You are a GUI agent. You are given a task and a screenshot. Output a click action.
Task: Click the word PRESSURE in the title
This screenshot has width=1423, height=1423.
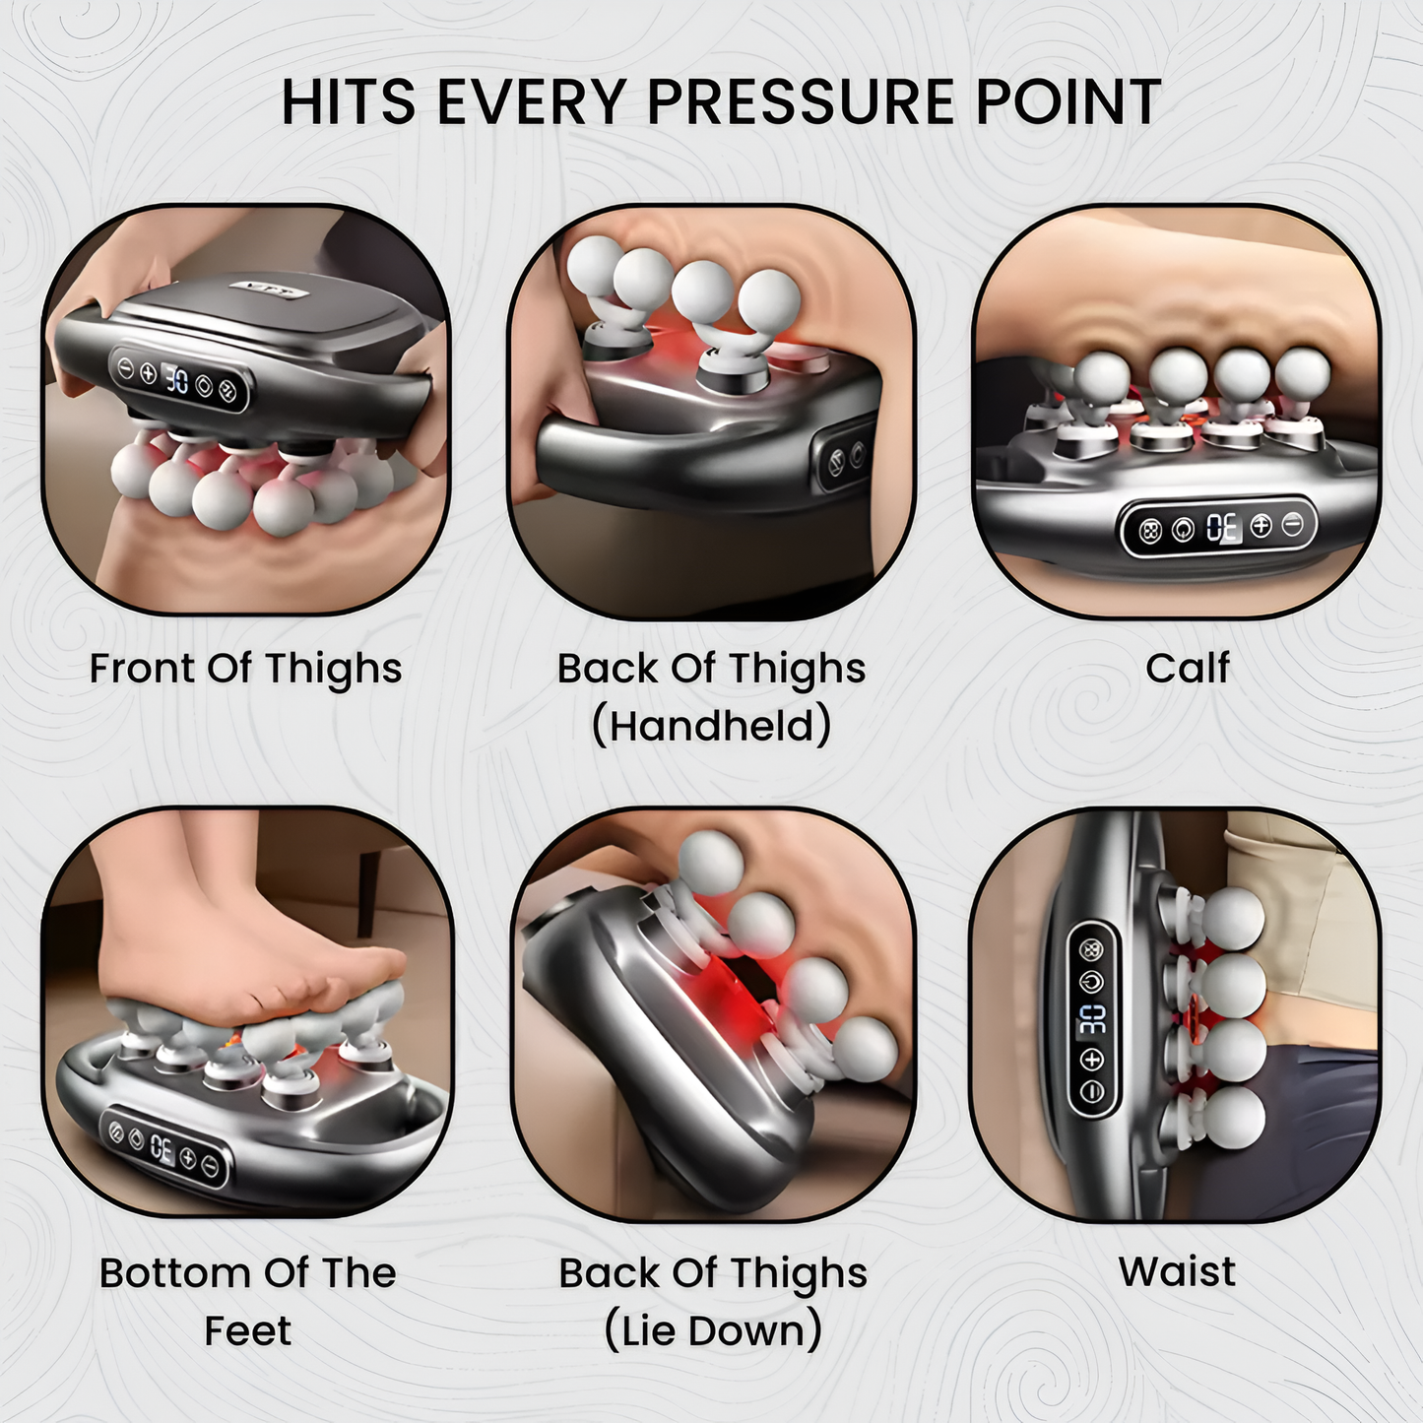pyautogui.click(x=801, y=101)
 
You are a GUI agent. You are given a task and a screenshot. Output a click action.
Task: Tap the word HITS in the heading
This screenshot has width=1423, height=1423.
pyautogui.click(x=348, y=101)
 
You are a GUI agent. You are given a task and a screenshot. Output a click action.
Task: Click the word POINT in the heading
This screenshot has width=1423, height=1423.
pyautogui.click(x=1067, y=101)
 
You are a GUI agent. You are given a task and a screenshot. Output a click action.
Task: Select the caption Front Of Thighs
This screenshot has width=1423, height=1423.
pyautogui.click(x=245, y=669)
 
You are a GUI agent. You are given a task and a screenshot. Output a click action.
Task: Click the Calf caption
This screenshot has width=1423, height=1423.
pyautogui.click(x=1187, y=669)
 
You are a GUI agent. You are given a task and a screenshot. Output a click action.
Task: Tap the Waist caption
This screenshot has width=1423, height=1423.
pyautogui.click(x=1177, y=1271)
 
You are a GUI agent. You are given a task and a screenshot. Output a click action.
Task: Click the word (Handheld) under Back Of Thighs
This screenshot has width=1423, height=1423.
pyautogui.click(x=711, y=727)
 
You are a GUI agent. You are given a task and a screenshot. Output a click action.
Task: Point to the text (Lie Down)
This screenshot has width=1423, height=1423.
pyautogui.click(x=712, y=1331)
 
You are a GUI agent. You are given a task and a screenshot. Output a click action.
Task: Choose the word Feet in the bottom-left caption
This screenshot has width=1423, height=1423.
pyautogui.click(x=247, y=1331)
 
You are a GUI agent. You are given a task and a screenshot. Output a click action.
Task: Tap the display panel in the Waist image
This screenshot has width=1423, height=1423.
pyautogui.click(x=1092, y=1019)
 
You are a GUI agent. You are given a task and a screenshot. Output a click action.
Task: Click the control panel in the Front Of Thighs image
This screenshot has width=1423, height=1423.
pyautogui.click(x=178, y=378)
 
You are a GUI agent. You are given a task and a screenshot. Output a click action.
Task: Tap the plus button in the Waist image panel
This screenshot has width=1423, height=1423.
pyautogui.click(x=1092, y=1060)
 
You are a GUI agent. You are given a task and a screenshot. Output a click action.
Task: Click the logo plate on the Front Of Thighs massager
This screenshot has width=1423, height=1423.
pyautogui.click(x=271, y=290)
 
